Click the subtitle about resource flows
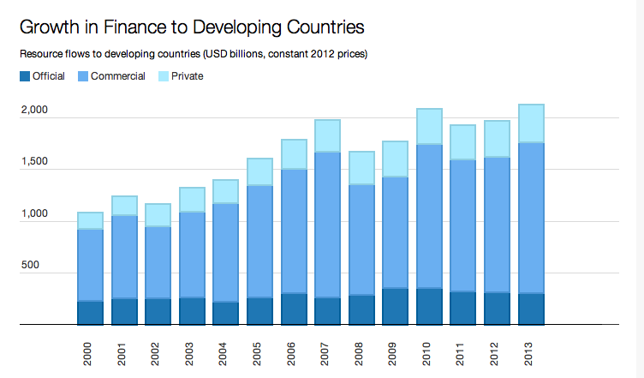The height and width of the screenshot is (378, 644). (193, 55)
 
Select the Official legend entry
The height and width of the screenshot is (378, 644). (42, 76)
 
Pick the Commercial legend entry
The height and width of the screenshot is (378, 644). (111, 76)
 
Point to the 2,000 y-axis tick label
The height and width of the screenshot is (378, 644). (35, 111)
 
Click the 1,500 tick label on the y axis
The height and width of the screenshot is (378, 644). (35, 163)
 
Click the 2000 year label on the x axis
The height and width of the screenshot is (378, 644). (90, 352)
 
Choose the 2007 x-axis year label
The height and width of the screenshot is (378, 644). (327, 352)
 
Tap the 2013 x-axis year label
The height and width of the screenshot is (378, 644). (531, 352)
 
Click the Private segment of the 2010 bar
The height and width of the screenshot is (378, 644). (429, 127)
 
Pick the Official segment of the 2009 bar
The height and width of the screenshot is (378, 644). (395, 307)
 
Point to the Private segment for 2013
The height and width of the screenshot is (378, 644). (531, 123)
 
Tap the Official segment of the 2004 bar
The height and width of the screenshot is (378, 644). (225, 314)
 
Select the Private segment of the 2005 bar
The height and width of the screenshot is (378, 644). (259, 171)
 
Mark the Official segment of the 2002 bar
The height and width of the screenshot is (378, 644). (158, 312)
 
